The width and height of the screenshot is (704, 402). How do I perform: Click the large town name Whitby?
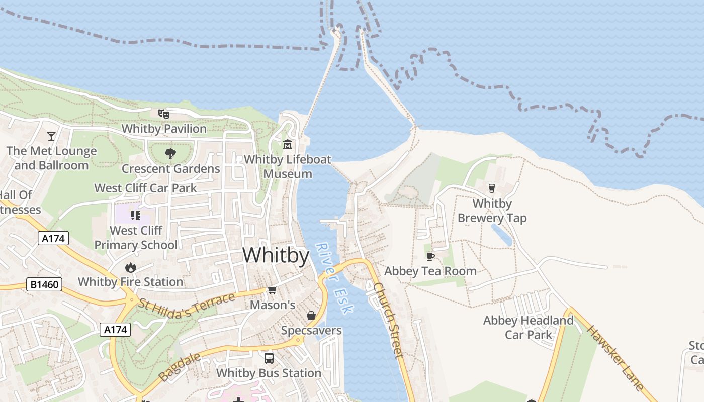(276, 255)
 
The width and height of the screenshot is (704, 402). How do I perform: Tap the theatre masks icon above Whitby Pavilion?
(164, 114)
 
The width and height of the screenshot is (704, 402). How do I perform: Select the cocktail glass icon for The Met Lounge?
(51, 136)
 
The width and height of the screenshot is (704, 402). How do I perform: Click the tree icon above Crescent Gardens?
(170, 154)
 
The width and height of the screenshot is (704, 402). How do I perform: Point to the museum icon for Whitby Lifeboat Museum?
(288, 145)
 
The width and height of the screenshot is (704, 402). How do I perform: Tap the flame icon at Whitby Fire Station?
(131, 267)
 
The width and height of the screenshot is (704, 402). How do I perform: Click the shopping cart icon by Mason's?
(273, 290)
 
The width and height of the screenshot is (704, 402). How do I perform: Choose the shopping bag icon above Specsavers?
(311, 316)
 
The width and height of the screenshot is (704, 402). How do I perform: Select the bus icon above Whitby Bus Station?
(269, 358)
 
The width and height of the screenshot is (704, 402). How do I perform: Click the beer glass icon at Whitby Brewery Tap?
(492, 188)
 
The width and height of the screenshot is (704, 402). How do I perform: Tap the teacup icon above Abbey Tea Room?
(430, 256)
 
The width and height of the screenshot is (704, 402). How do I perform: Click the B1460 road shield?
(44, 285)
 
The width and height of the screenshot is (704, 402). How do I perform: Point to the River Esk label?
(334, 278)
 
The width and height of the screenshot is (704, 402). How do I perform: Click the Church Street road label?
(389, 320)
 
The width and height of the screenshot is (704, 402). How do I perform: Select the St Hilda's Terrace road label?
(187, 304)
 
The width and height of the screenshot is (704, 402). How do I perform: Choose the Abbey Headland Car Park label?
(528, 327)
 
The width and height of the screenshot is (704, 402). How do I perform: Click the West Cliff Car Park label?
(146, 188)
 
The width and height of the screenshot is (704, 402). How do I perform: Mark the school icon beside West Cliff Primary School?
(135, 216)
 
